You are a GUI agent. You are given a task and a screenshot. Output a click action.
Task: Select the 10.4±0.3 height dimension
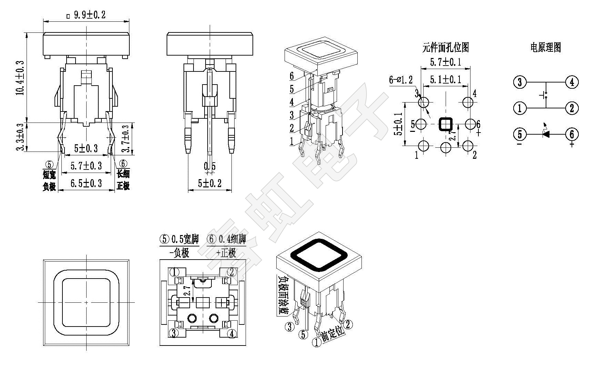tap(20, 78)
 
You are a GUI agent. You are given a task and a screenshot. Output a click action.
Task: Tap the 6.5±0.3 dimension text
tap(86, 183)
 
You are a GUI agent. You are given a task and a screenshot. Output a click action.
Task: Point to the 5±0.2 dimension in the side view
tap(210, 183)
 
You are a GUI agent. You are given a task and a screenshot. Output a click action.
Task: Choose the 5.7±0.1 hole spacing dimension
tap(445, 62)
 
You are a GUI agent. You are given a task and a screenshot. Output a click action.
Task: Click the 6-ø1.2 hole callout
tap(401, 80)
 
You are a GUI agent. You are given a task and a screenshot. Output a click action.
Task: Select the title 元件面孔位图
tap(446, 47)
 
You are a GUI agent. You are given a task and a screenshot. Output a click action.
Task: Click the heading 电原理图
tap(545, 47)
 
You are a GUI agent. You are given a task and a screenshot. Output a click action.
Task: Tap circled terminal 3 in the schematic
tap(520, 82)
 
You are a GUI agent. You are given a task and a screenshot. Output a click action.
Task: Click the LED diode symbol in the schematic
tap(546, 134)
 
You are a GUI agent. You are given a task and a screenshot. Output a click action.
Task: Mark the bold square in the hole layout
tap(446, 124)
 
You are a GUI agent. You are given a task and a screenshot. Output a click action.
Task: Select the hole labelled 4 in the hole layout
tap(468, 102)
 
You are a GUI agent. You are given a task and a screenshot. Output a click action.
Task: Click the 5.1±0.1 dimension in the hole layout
tap(445, 80)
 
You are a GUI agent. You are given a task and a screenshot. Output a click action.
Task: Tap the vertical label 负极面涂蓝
tap(284, 295)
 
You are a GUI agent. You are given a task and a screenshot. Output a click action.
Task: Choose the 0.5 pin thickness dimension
tap(210, 166)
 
